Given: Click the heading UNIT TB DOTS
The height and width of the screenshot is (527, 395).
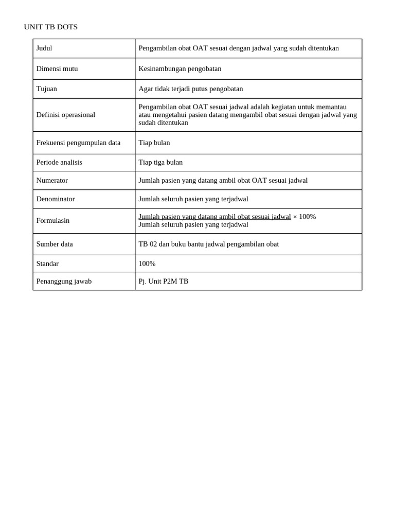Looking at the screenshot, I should tap(50, 27).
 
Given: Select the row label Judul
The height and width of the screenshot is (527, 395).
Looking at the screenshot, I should tap(44, 48).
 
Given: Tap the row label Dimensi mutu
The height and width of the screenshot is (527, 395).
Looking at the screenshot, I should tap(57, 69).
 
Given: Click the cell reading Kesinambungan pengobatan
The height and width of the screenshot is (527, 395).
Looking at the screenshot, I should tap(179, 69).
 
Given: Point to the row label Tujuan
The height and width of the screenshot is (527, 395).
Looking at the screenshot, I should tap(47, 89).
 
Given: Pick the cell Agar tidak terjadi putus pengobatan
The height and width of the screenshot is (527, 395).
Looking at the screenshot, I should tap(190, 89).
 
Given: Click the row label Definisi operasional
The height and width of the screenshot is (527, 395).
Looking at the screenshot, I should tap(66, 115).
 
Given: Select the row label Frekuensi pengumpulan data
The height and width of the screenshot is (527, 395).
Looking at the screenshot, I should tap(78, 143).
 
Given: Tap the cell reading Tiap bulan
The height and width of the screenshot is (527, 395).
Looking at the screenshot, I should tap(154, 143).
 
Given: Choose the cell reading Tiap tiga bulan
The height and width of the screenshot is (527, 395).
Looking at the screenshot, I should tap(160, 163).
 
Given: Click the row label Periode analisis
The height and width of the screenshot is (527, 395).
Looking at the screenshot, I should tap(59, 163).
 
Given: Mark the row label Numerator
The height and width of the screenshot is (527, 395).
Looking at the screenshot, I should tap(52, 181).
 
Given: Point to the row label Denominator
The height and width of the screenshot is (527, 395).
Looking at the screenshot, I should tap(56, 199).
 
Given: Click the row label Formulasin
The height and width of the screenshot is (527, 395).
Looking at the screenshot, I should tap(53, 221).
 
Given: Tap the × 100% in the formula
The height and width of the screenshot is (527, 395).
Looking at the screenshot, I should tap(304, 217).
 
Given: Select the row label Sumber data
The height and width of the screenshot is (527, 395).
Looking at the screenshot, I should tap(55, 244).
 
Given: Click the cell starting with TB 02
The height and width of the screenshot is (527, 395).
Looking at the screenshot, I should tap(208, 244).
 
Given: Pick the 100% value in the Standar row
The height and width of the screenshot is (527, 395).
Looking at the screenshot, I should tap(147, 264).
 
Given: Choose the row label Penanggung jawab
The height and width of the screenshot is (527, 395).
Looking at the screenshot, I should tap(64, 282).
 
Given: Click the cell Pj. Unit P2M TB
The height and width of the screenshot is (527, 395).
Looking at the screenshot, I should tap(163, 282).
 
